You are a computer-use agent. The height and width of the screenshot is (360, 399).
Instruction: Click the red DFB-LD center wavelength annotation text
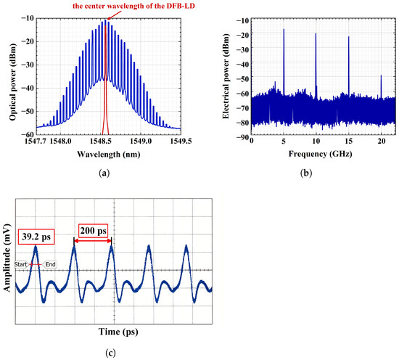134,6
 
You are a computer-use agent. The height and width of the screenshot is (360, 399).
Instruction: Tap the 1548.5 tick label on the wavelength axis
103,141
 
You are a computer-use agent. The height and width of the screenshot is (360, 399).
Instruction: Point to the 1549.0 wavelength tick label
141,141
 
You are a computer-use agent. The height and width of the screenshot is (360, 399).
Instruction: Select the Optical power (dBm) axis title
12,82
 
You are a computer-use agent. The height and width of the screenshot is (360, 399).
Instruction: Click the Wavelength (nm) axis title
109,155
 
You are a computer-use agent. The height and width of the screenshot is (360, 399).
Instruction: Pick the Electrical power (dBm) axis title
226,76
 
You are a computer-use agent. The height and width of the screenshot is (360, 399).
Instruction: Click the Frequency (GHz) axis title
321,154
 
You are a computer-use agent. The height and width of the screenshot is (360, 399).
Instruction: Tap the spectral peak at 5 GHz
284,61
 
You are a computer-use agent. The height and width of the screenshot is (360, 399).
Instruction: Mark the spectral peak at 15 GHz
349,65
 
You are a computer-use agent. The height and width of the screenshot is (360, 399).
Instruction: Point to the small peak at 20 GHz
381,86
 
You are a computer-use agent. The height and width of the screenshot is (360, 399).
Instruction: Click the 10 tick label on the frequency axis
316,141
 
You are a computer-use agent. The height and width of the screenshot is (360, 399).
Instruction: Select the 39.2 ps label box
36,237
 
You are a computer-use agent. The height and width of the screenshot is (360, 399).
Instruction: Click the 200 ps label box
94,231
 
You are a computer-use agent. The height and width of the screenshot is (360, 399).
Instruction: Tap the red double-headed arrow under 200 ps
93,241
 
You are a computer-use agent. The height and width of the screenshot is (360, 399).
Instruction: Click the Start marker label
20,264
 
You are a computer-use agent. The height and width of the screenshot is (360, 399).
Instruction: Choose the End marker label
50,264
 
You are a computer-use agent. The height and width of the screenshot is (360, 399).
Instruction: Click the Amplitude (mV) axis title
7,258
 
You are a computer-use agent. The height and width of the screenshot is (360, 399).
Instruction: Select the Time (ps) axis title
118,332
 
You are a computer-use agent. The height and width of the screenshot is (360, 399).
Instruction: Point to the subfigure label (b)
306,173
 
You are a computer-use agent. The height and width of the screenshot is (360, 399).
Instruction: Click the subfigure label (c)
110,353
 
